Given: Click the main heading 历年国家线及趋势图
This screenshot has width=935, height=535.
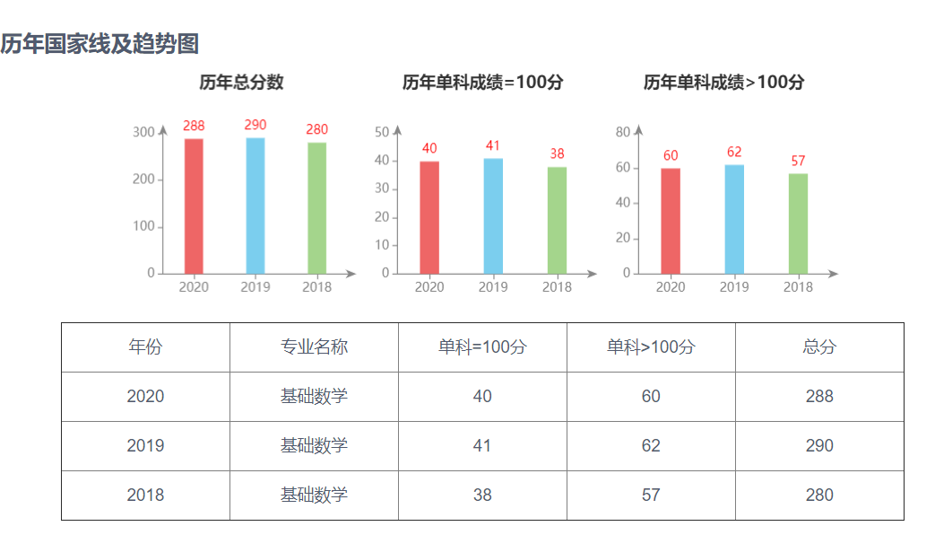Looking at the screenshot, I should click(100, 43).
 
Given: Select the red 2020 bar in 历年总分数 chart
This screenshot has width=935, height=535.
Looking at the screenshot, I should click(194, 206).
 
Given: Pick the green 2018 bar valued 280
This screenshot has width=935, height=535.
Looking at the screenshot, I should click(317, 207).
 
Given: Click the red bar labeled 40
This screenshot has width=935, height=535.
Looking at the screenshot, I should click(429, 217).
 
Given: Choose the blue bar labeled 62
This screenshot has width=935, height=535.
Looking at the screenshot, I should click(734, 219).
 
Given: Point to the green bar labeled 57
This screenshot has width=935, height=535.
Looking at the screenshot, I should click(798, 224).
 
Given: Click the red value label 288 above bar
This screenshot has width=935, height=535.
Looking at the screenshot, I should click(194, 127).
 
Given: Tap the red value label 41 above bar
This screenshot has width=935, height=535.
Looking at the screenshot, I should click(492, 146).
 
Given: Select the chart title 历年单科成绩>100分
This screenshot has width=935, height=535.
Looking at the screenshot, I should click(723, 83).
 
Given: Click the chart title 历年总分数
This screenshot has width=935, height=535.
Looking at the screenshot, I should click(241, 83).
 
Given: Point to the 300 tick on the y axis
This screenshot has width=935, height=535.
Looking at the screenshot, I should click(143, 133).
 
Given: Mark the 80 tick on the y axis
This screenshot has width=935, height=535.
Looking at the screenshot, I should click(623, 133).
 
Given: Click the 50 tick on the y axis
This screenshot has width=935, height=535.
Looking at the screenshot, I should click(382, 133).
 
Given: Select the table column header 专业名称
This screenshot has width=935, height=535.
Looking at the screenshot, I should click(314, 347).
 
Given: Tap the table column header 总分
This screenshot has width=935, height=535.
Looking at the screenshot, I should click(819, 347).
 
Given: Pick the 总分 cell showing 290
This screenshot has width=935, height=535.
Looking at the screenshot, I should click(819, 446).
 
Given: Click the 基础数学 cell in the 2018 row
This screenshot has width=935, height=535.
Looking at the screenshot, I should click(314, 496).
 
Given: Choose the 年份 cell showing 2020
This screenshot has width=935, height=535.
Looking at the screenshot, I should click(145, 397).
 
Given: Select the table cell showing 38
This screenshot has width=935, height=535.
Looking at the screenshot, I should click(482, 496).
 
